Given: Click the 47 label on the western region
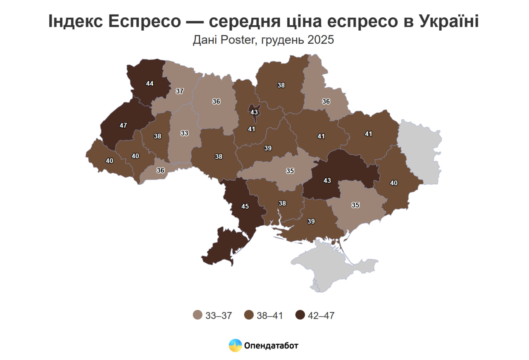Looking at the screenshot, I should [123, 125].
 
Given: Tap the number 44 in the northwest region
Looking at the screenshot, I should [150, 83].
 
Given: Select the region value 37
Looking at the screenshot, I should [179, 91].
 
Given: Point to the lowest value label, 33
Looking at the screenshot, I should [184, 133].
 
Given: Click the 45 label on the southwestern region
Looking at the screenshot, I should [245, 206].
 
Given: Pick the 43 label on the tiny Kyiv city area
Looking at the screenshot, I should [254, 112].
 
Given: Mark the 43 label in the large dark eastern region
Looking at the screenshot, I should [327, 181].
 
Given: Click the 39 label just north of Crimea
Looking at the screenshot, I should [311, 222].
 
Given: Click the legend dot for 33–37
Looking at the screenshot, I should [198, 315].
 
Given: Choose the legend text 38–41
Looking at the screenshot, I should [269, 316].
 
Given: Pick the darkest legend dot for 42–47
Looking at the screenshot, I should [300, 315].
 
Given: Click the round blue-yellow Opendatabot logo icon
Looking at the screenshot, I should [235, 346].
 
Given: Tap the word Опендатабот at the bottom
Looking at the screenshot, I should [271, 346].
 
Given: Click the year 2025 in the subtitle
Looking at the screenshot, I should [320, 41].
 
